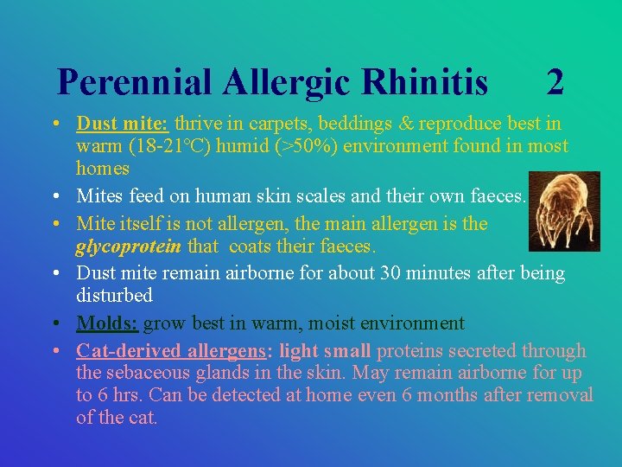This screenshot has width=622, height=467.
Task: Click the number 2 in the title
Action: tap(555, 83)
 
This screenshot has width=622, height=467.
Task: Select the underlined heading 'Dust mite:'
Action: tap(119, 124)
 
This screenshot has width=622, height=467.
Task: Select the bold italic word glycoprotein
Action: tap(129, 246)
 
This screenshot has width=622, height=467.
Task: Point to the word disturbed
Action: tap(114, 296)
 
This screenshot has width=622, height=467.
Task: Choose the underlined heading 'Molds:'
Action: tap(107, 323)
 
